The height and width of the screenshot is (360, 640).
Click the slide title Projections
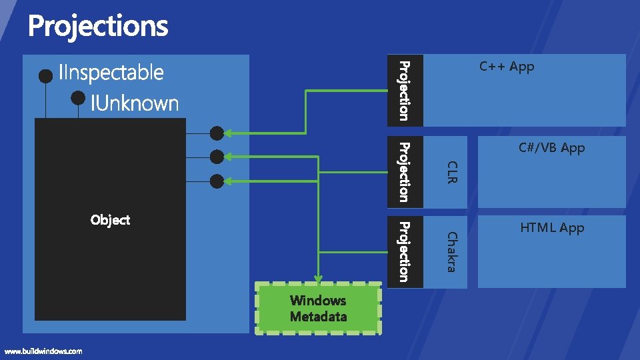coord(98,27)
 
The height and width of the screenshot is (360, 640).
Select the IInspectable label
coord(111,72)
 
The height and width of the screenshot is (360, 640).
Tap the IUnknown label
coord(135,103)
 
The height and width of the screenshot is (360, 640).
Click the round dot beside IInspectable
coord(45,76)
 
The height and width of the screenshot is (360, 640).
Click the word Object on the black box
coord(110,220)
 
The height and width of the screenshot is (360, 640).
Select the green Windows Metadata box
coord(318,309)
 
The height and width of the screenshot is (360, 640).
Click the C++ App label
coord(507,67)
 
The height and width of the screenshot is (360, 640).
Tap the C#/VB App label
coord(551,148)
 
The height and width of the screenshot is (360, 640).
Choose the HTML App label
coord(552,228)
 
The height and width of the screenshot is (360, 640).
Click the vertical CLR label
coord(451,172)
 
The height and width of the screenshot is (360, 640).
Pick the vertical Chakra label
coord(451,251)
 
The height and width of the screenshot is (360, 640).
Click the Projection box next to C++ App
coord(404,90)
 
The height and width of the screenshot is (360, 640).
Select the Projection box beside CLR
coord(404,171)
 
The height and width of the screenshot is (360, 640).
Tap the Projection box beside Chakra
coord(404,251)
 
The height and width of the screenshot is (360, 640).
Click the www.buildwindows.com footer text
coord(43,351)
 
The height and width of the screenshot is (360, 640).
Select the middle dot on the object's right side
coord(217,157)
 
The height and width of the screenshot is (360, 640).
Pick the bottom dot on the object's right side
coord(217,181)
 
